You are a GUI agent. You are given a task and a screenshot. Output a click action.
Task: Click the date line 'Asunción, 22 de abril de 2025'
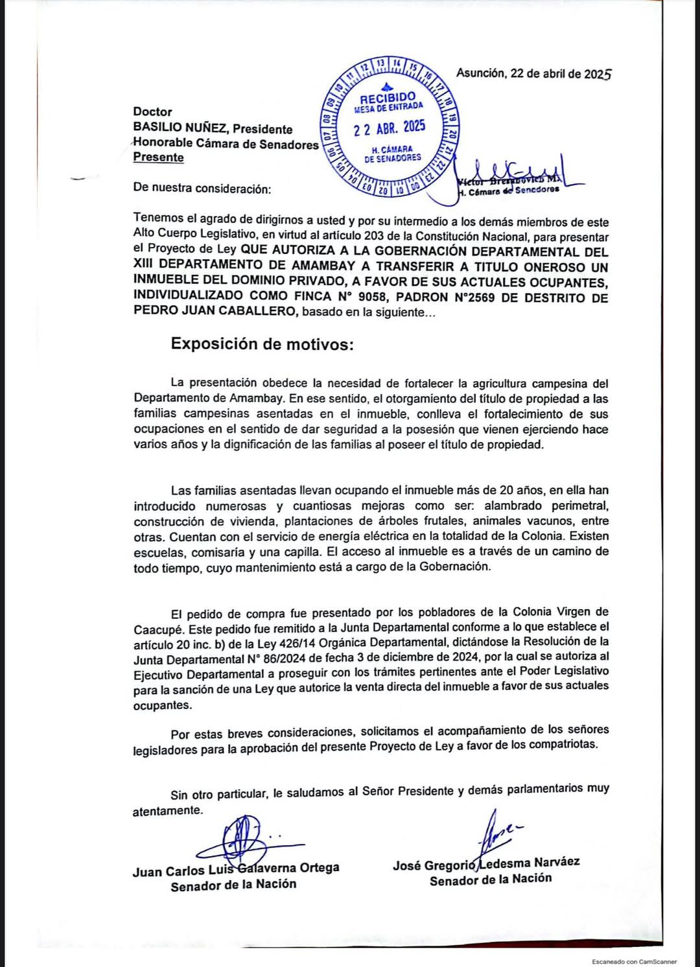533,73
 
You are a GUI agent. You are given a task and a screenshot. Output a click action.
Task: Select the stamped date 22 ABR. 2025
390,127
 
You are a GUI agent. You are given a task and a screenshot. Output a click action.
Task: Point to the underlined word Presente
158,157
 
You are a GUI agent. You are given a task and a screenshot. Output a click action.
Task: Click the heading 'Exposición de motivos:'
262,344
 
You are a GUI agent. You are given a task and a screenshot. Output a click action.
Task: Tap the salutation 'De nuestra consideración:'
201,189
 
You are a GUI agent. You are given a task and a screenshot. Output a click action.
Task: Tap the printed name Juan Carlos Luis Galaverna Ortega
236,869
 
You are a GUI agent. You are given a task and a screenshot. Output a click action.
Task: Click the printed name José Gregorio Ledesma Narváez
486,863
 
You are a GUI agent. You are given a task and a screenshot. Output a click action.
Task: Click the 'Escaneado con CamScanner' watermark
634,962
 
